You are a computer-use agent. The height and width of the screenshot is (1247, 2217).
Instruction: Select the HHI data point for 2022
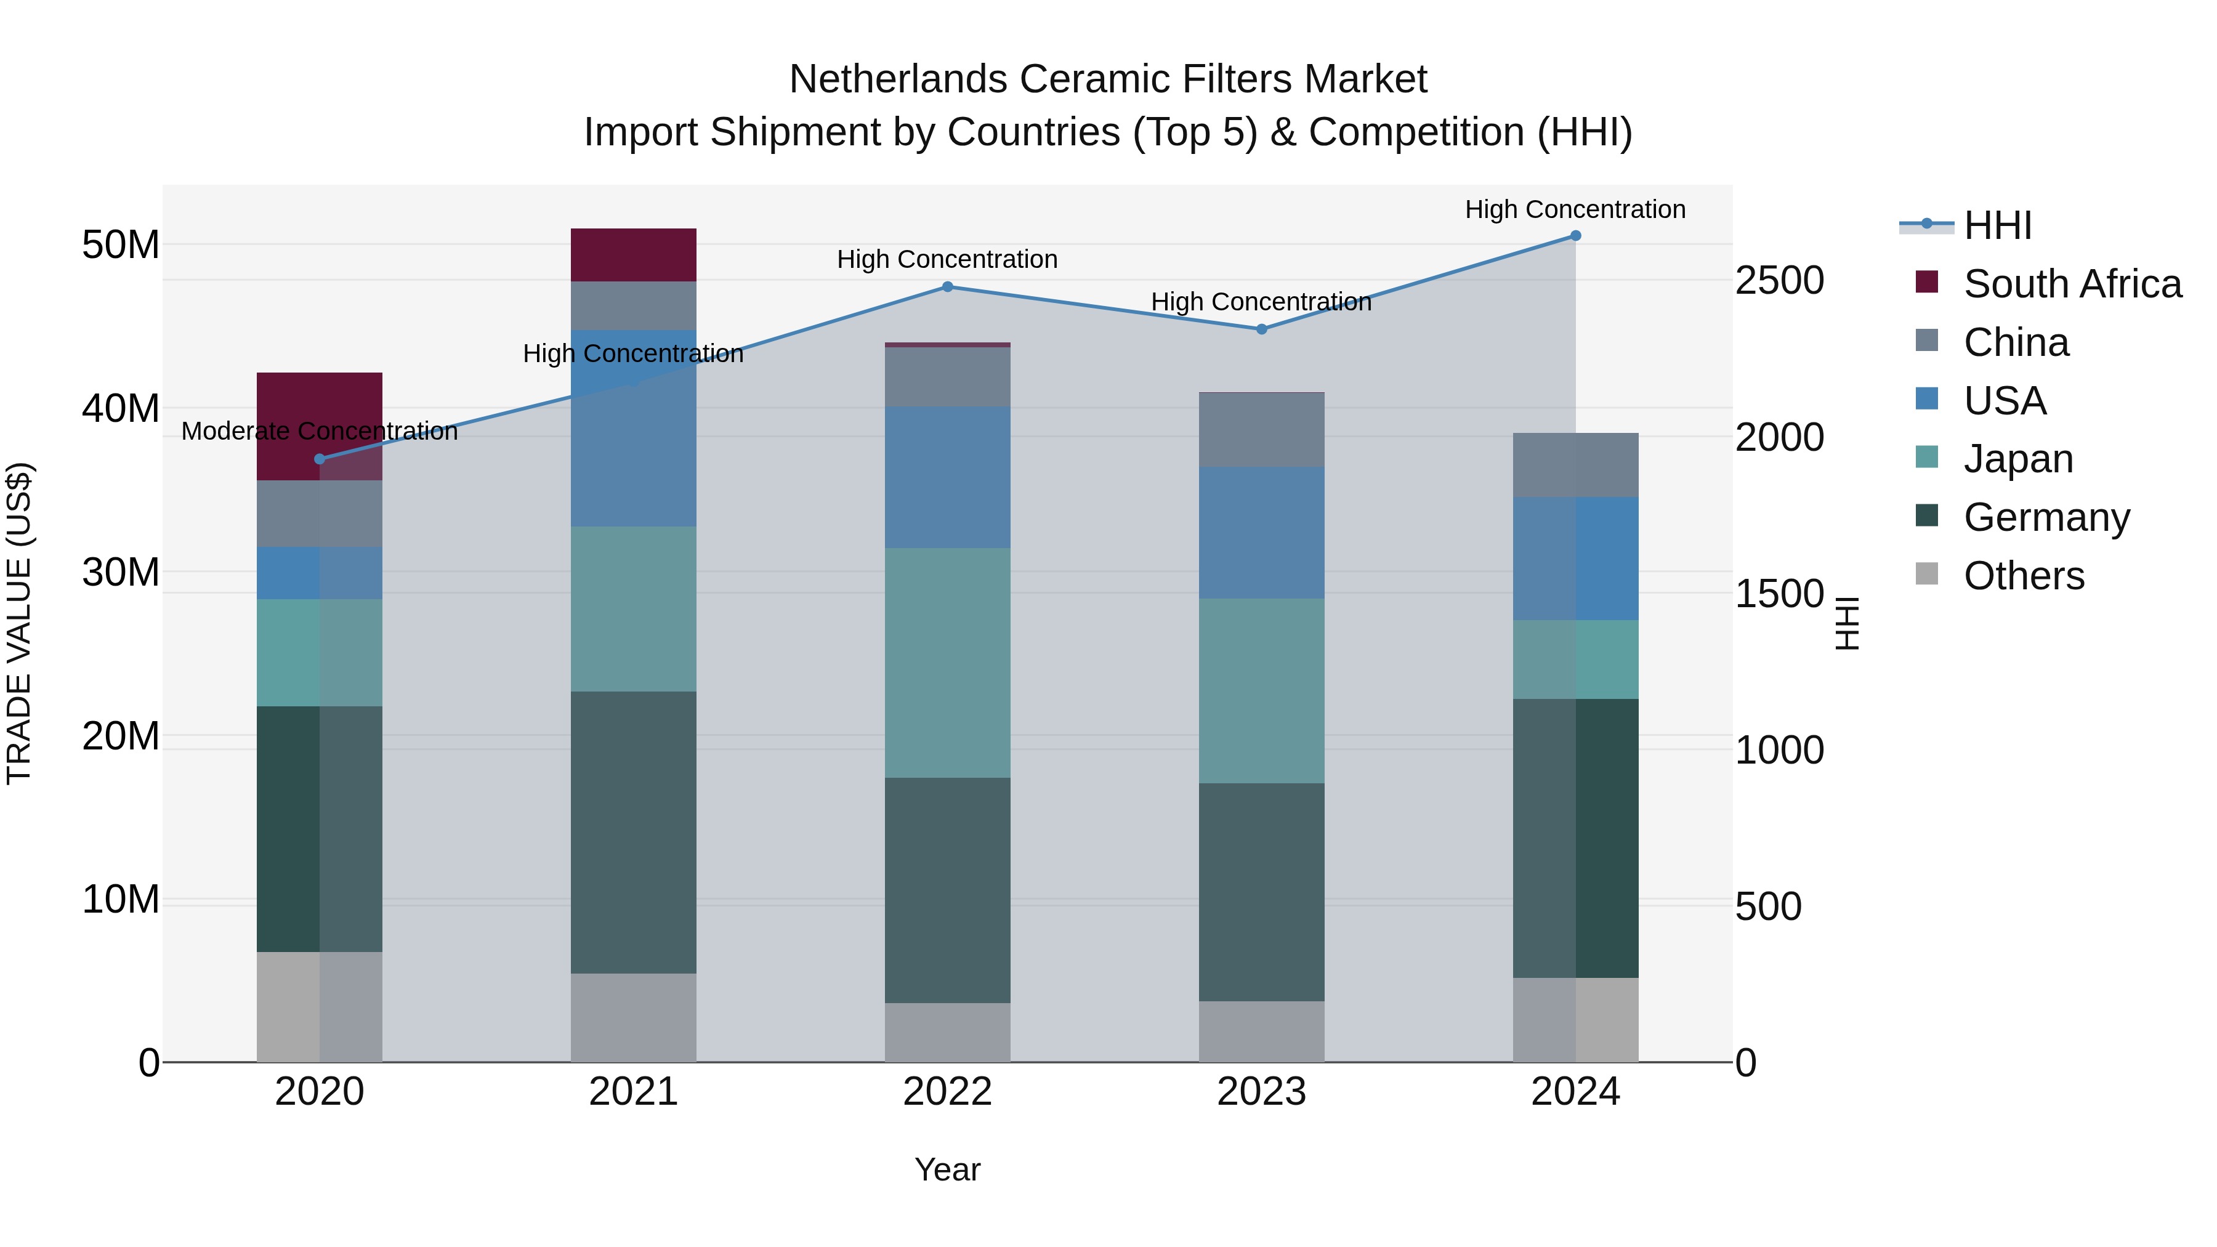point(948,286)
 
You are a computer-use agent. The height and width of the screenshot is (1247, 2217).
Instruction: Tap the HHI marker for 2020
point(320,459)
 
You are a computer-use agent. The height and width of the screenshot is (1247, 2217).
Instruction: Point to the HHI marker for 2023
point(1262,329)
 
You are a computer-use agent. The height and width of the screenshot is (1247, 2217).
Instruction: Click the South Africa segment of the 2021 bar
point(634,255)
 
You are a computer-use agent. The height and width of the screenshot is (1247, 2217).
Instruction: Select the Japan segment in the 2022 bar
point(948,663)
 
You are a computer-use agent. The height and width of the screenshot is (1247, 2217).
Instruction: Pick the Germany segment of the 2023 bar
point(1262,892)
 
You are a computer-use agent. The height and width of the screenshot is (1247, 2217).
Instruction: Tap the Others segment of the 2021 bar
point(634,1017)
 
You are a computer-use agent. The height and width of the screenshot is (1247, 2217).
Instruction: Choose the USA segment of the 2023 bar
point(1262,533)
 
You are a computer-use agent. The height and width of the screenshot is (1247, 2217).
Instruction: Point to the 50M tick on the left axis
point(121,245)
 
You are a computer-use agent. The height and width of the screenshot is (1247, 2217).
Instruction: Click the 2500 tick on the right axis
point(1779,281)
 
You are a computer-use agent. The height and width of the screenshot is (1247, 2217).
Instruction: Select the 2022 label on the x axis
point(948,1092)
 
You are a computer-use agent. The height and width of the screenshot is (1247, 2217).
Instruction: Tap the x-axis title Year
point(948,1169)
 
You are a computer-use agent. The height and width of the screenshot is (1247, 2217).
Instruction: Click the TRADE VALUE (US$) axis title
point(19,623)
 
